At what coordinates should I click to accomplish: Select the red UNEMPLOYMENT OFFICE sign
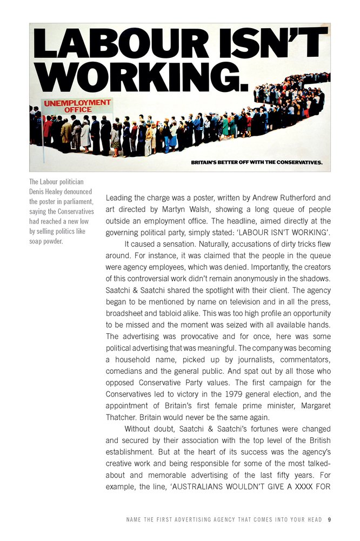(77, 105)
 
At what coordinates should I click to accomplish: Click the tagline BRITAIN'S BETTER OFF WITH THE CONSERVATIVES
(257, 162)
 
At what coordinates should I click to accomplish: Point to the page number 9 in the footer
(329, 520)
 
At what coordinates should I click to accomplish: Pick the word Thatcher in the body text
(123, 418)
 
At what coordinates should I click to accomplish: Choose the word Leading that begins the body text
(120, 197)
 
